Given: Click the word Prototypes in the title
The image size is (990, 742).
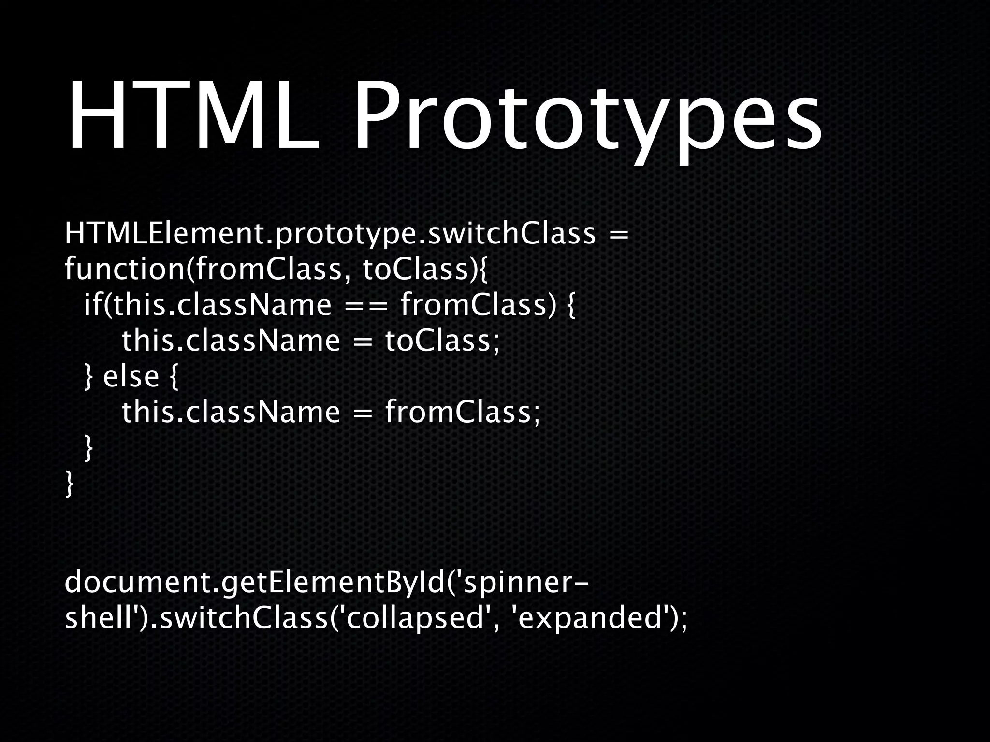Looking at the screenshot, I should [x=587, y=123].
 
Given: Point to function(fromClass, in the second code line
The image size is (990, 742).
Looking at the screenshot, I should [x=204, y=270].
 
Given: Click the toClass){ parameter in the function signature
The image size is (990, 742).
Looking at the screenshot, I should [x=425, y=270].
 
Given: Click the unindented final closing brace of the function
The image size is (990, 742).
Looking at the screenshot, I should [x=70, y=484].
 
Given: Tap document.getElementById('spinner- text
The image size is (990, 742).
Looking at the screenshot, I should [x=327, y=584].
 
